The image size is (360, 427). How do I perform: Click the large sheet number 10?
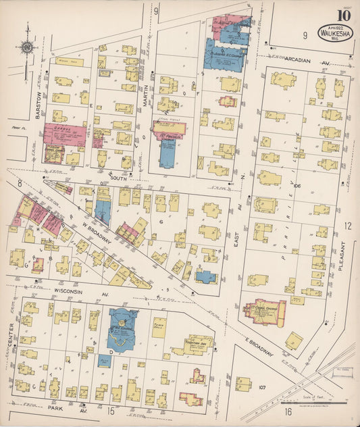point(344,14)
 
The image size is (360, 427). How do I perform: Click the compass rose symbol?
point(27,47)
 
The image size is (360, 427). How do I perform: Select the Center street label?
point(10,341)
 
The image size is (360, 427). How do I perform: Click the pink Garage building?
point(65,132)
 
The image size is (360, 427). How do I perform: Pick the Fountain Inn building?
point(198,343)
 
